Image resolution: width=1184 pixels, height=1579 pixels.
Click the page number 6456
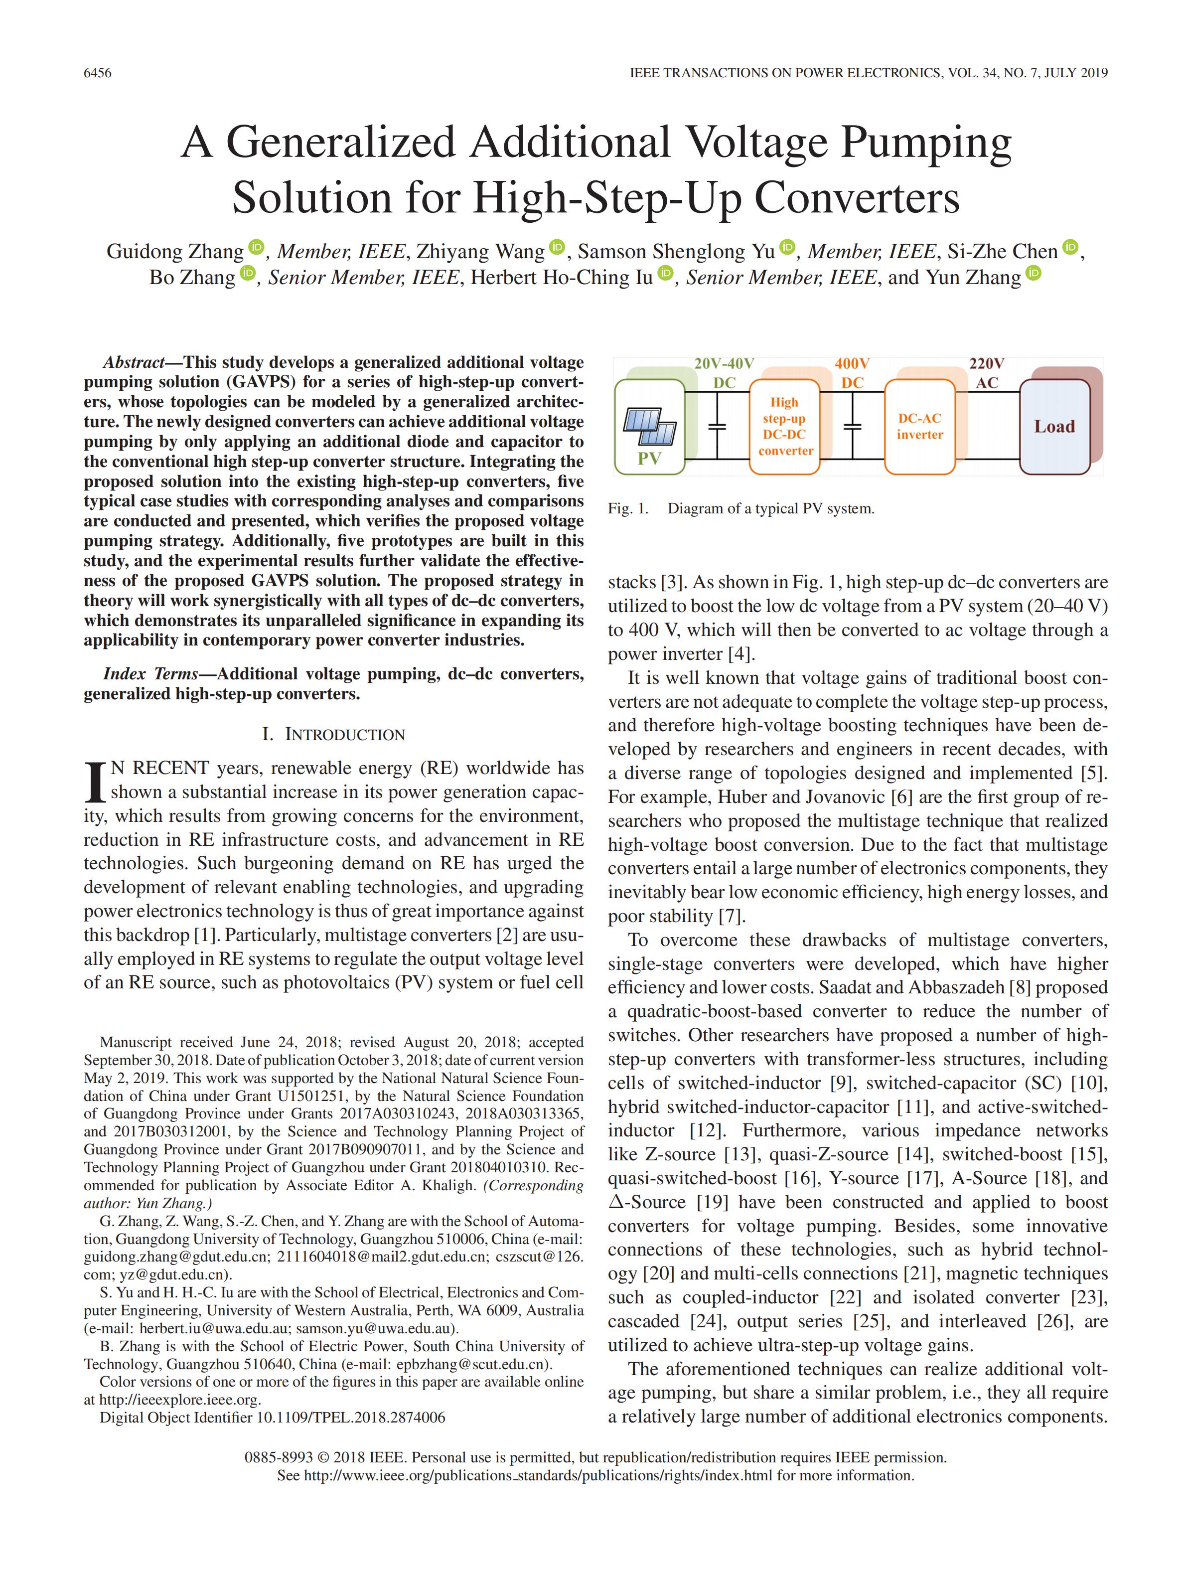(98, 73)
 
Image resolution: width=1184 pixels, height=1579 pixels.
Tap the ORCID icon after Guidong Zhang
(256, 248)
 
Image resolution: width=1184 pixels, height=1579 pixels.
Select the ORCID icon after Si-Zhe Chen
(1070, 248)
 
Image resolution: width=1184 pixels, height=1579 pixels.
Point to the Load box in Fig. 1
(1054, 427)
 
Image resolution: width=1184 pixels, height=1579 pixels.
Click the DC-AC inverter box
(919, 427)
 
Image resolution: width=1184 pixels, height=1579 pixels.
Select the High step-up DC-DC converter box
(784, 427)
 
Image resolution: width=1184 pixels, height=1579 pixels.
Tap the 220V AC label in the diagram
(986, 373)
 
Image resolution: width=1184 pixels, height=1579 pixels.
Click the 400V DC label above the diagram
(852, 373)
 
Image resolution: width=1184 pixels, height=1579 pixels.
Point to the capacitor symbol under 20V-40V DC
(717, 427)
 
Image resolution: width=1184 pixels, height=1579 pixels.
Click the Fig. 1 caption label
(628, 509)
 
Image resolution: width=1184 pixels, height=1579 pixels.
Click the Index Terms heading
(150, 674)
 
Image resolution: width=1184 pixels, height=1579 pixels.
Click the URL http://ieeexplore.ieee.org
(179, 1400)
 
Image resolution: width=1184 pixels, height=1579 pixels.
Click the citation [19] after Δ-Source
(712, 1202)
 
